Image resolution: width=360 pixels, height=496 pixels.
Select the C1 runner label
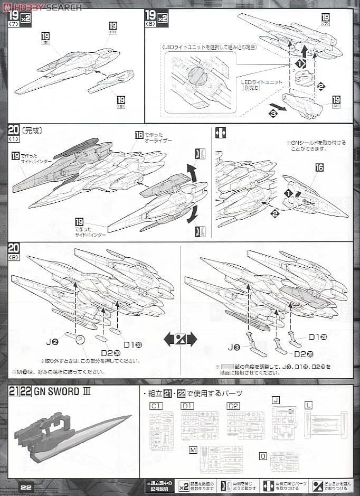(x=155, y=406)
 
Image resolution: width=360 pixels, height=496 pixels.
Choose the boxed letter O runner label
(x=263, y=455)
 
